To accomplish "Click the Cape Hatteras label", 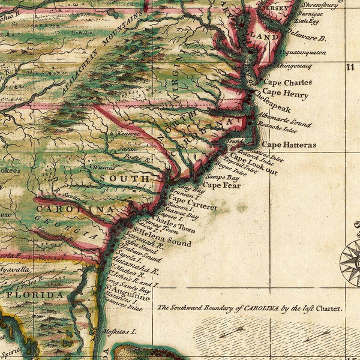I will (x=289, y=145).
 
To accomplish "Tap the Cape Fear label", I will (x=221, y=185).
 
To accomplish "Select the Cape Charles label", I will (x=289, y=82).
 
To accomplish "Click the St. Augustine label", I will (x=130, y=293).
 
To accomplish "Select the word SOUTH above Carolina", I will (x=125, y=178).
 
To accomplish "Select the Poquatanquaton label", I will (x=301, y=53).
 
